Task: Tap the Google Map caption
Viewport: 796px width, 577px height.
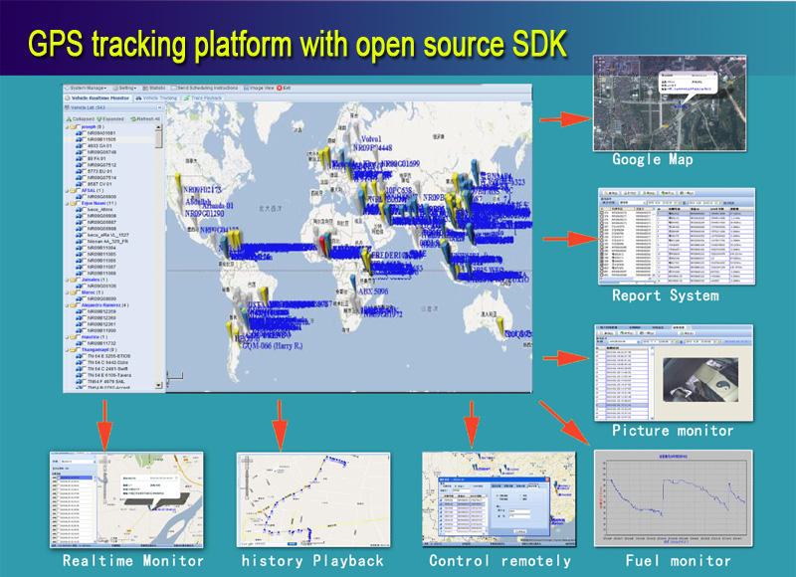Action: coord(653,159)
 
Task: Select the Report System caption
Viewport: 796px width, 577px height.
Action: coord(665,295)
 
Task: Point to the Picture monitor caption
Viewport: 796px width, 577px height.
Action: coord(673,431)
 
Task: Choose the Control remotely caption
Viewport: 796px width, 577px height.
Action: coord(500,561)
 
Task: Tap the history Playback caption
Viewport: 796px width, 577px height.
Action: coord(312,561)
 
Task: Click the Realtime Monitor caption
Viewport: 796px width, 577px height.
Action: coord(133,561)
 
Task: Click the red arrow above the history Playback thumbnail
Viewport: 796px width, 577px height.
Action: coord(283,418)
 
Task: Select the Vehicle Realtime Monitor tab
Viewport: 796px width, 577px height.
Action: coord(99,98)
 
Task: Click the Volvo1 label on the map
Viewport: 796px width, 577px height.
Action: coord(345,141)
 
